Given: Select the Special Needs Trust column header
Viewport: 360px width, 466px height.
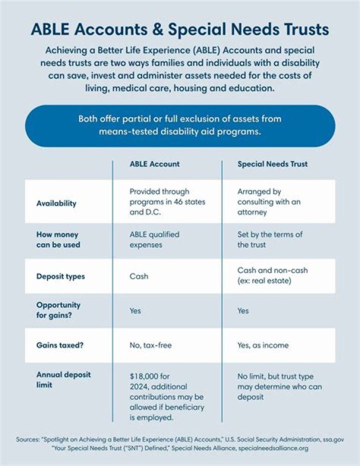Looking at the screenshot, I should coord(272,164).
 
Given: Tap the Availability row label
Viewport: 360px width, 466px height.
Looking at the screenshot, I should coord(56,203).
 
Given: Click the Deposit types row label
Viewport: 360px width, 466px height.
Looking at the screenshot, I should coord(60,276).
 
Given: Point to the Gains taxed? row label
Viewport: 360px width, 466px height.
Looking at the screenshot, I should coord(60,345).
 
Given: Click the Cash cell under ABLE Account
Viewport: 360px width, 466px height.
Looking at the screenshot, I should coord(138,276).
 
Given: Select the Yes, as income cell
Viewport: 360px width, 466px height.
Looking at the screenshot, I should coord(263,345).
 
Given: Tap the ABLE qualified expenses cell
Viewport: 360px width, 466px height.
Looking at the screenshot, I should coord(154,239).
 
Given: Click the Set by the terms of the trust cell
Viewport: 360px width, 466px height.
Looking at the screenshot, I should coord(269,239).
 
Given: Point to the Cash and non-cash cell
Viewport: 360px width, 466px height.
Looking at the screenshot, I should coord(272,275).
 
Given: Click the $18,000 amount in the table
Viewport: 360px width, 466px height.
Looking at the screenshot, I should coord(145,376).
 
